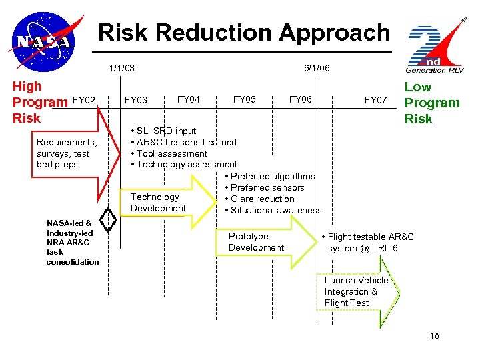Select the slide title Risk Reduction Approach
[x=243, y=32]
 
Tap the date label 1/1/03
[x=122, y=68]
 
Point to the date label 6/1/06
[x=317, y=68]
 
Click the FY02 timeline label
[x=85, y=100]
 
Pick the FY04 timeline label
[x=189, y=99]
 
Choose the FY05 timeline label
[x=245, y=99]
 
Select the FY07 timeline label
[x=375, y=100]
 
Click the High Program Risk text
[x=40, y=102]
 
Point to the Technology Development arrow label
[x=158, y=203]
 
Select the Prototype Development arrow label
[x=256, y=242]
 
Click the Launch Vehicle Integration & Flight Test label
[x=356, y=291]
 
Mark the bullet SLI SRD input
[x=167, y=131]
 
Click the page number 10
[x=434, y=337]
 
